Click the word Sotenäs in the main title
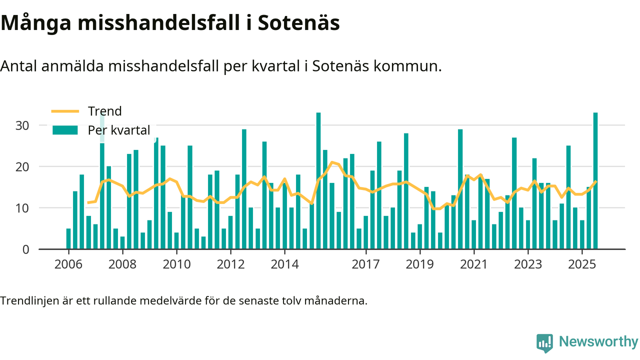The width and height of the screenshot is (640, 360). [298, 23]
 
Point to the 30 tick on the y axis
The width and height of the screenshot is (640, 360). [22, 125]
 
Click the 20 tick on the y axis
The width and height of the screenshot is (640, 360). [22, 166]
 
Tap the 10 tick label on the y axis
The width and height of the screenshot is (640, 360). [22, 208]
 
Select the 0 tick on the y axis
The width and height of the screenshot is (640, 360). [26, 249]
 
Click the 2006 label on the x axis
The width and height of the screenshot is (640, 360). [68, 264]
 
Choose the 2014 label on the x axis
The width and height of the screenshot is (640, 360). [284, 264]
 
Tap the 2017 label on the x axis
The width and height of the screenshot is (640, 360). [366, 264]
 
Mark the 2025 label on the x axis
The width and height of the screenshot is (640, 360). [582, 264]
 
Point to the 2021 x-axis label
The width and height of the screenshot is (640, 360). [474, 264]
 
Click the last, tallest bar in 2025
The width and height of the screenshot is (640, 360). [595, 180]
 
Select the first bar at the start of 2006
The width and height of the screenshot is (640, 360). [68, 238]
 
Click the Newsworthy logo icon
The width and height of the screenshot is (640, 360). [544, 343]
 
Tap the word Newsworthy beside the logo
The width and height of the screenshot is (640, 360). [598, 342]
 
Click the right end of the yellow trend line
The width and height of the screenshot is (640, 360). [595, 181]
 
